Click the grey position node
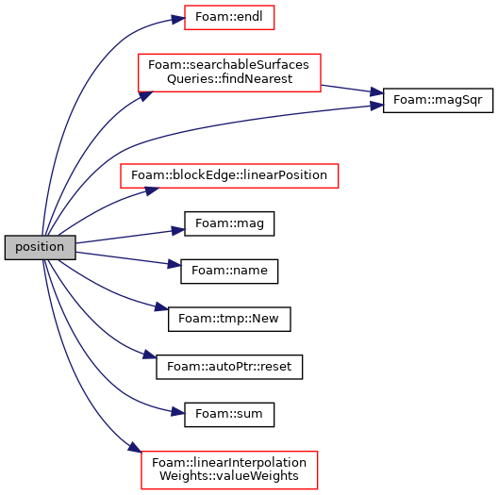click(x=40, y=247)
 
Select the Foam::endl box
click(x=229, y=18)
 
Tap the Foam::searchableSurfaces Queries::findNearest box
click(x=229, y=73)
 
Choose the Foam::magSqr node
click(x=438, y=100)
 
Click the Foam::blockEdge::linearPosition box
click(x=229, y=176)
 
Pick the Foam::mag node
click(x=229, y=223)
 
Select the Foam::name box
click(x=229, y=272)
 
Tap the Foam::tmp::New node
click(x=229, y=319)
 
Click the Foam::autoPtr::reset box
click(x=229, y=367)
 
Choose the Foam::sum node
click(x=229, y=414)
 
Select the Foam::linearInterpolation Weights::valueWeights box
click(x=229, y=470)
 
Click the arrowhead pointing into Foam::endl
click(x=178, y=19)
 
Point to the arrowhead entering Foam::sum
click(x=178, y=412)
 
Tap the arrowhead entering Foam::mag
click(x=178, y=230)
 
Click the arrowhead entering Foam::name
click(x=174, y=264)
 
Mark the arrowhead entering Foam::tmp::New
click(x=161, y=307)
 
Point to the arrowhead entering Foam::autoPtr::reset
click(x=149, y=355)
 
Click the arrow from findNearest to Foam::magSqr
click(x=352, y=90)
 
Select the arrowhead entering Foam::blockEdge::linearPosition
click(x=152, y=191)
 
